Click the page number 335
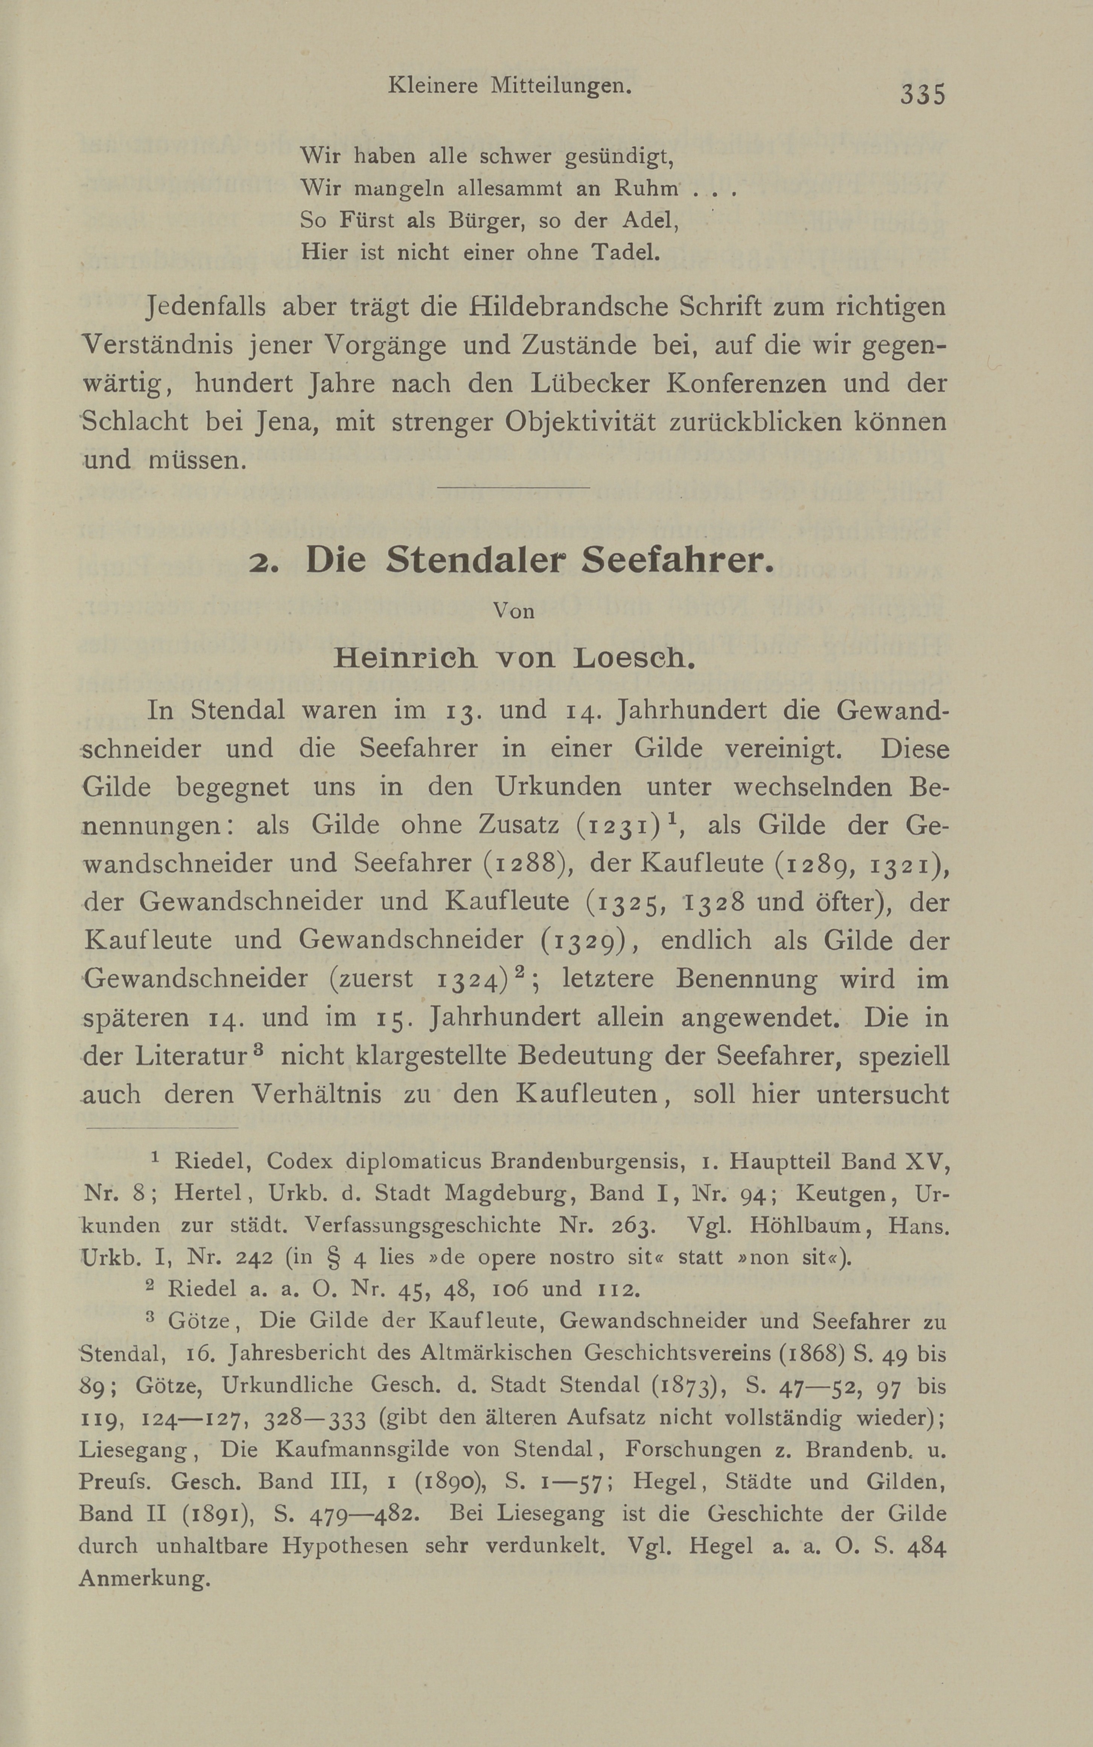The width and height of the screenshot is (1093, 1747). pyautogui.click(x=923, y=95)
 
